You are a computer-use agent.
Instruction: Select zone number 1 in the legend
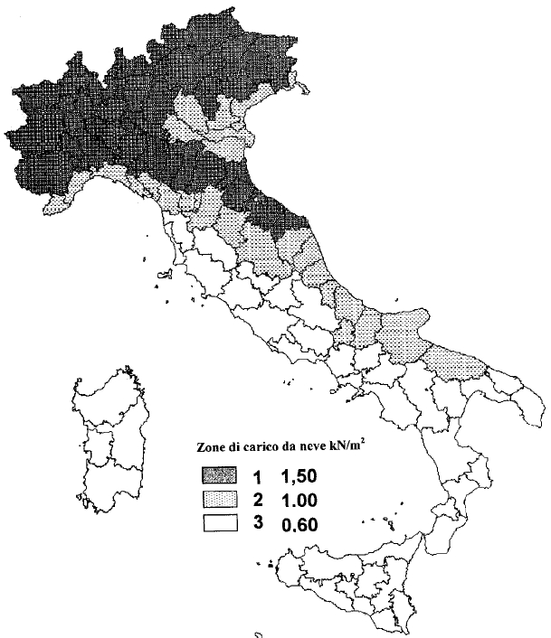(259, 476)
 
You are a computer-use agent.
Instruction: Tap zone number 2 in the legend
(259, 500)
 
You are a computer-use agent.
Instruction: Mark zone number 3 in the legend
(259, 522)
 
